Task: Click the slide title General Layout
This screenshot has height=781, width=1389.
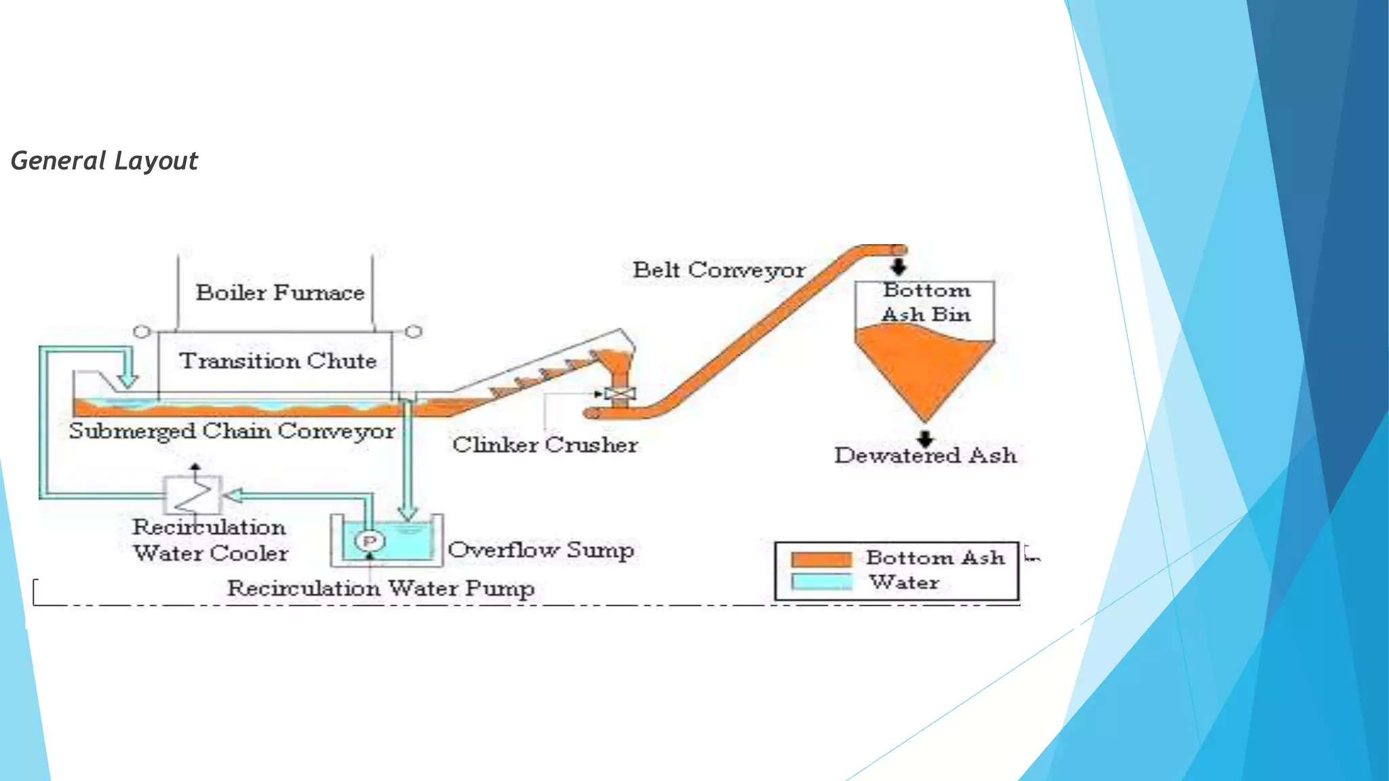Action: click(104, 161)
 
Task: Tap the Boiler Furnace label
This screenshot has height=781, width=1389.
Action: click(280, 293)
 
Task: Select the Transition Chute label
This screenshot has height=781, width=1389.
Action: click(277, 361)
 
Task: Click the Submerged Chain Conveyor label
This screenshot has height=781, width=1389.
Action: click(231, 431)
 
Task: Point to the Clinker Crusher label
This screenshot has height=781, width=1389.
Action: click(545, 445)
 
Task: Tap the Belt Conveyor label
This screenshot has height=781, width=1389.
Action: click(719, 270)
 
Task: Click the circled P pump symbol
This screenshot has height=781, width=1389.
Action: click(370, 541)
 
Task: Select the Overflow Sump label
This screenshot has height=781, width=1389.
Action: click(541, 549)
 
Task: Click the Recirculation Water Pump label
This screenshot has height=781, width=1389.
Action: click(380, 588)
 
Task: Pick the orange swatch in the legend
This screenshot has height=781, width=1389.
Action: click(821, 559)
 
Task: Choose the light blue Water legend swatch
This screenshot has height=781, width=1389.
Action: click(821, 582)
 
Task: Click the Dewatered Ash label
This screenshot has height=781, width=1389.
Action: click(925, 455)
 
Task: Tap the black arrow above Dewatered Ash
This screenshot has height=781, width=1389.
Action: click(925, 438)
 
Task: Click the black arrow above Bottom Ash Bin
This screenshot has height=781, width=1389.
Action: click(899, 265)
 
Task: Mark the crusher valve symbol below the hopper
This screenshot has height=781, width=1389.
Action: click(620, 394)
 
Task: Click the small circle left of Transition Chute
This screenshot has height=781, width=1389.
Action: click(141, 332)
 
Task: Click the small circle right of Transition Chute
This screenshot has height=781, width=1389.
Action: click(414, 331)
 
